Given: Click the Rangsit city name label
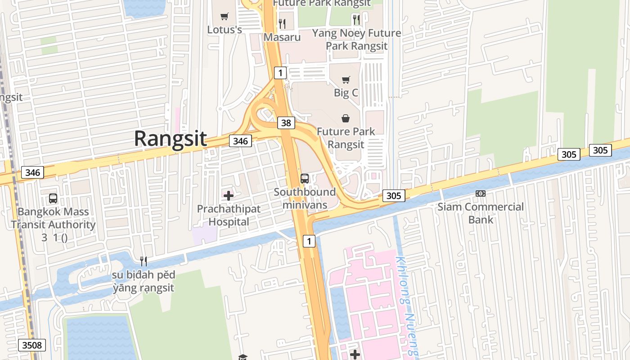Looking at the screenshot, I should pyautogui.click(x=170, y=139).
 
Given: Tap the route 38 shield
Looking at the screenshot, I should pyautogui.click(x=286, y=122).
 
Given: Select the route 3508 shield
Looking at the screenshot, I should pyautogui.click(x=32, y=345).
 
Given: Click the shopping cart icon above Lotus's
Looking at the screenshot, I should pyautogui.click(x=224, y=17).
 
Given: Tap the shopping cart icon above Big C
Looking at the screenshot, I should pyautogui.click(x=346, y=80).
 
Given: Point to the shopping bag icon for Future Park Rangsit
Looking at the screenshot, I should pyautogui.click(x=345, y=118).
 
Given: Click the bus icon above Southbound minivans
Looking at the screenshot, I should pyautogui.click(x=305, y=179).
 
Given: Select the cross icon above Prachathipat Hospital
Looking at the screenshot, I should pyautogui.click(x=229, y=196).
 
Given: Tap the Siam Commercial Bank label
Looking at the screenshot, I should pyautogui.click(x=481, y=213).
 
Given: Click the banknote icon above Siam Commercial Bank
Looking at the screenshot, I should pyautogui.click(x=481, y=193).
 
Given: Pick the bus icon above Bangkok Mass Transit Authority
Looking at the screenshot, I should pyautogui.click(x=53, y=198).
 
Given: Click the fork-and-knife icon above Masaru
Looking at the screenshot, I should pyautogui.click(x=282, y=23).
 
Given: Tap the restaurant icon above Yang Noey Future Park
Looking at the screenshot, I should pyautogui.click(x=356, y=19).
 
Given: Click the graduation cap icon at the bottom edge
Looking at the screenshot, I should pyautogui.click(x=243, y=357).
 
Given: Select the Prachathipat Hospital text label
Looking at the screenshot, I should pyautogui.click(x=229, y=215).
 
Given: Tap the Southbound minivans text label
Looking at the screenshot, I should pyautogui.click(x=305, y=198).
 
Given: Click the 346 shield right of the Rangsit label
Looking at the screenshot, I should pyautogui.click(x=240, y=141).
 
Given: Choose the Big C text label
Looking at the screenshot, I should pyautogui.click(x=346, y=93).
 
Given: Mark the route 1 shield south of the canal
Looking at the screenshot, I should pyautogui.click(x=309, y=241).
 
